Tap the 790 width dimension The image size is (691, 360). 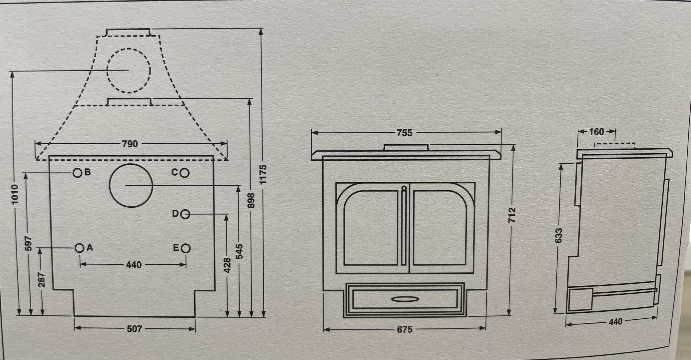point(130,144)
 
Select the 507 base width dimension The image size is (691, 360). point(134,329)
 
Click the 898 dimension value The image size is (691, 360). point(251,200)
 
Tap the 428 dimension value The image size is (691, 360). point(227,265)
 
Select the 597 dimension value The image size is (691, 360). point(29,244)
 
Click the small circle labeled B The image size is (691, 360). point(77,173)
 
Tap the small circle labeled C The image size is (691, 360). point(185,173)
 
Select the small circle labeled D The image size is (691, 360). point(185,215)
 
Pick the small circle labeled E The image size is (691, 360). point(186,248)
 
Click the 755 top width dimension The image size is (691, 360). point(405,133)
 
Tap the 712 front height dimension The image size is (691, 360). point(512,215)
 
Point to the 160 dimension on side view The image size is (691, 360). point(597,132)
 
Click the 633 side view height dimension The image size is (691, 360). point(558,236)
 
